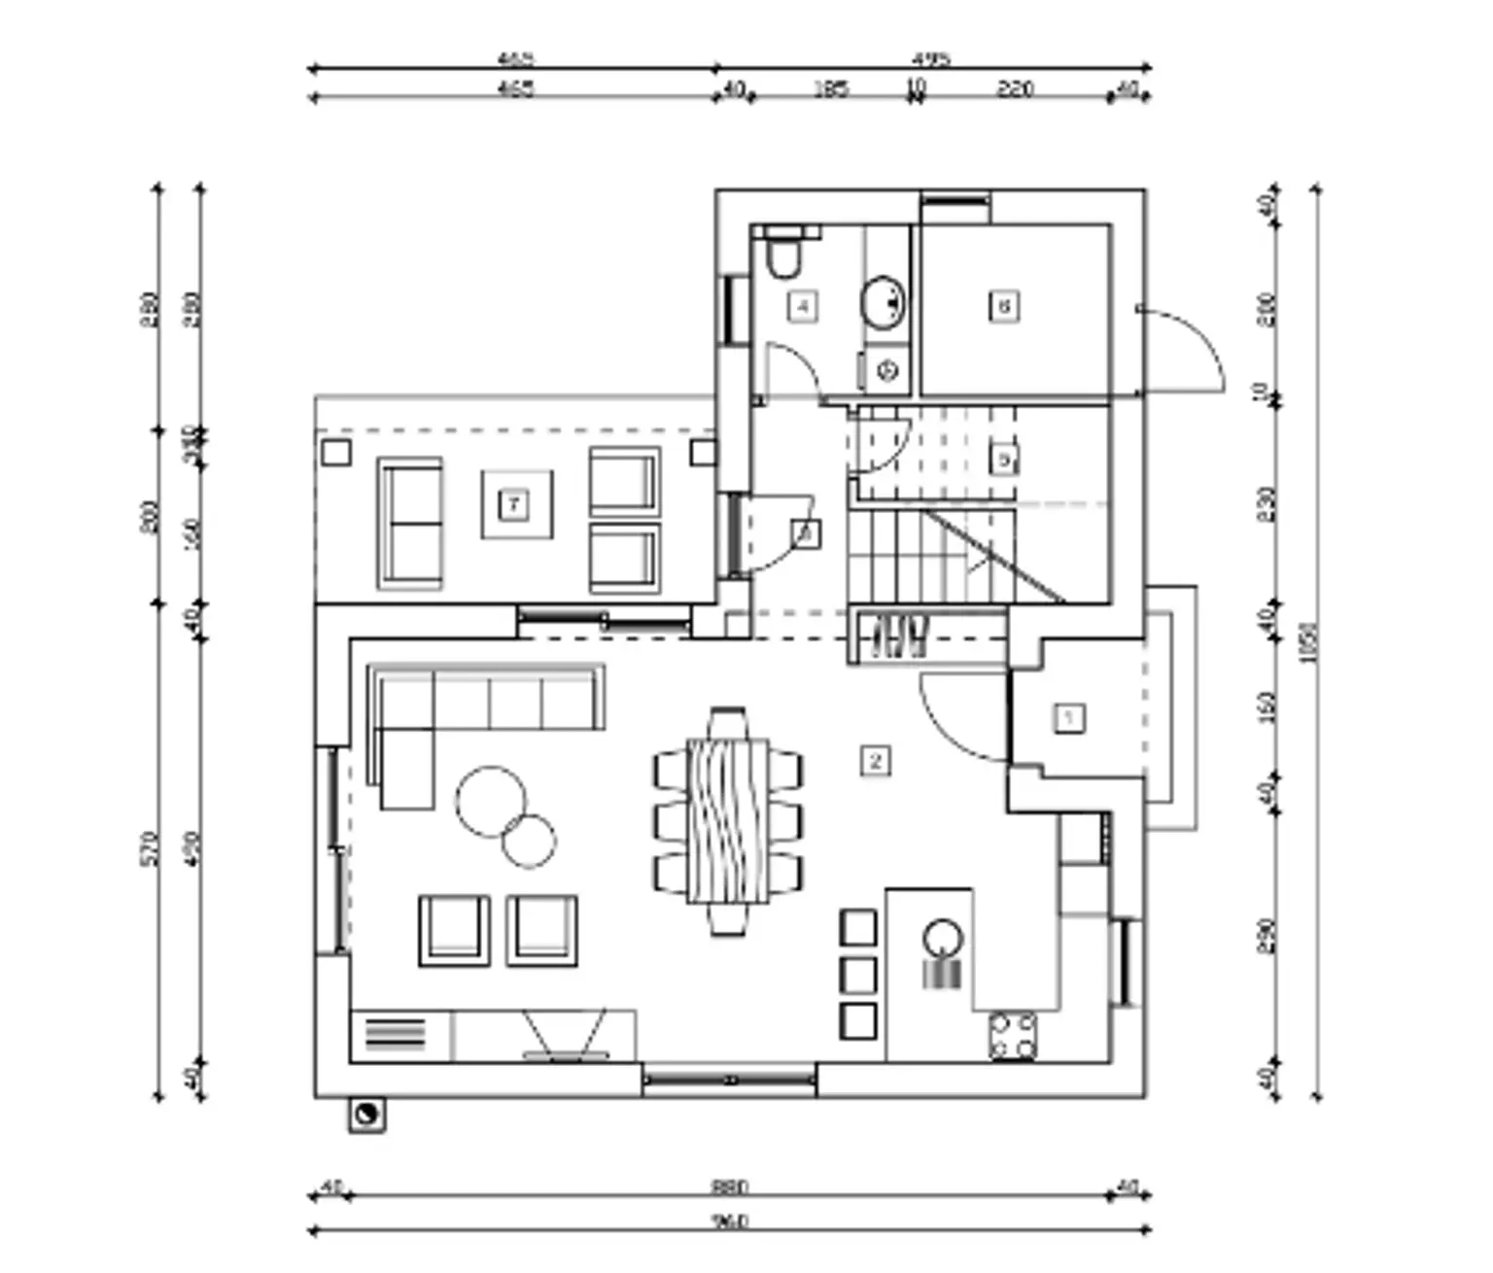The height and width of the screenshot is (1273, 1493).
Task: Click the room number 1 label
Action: point(1069,718)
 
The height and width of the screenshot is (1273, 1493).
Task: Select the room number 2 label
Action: point(875,760)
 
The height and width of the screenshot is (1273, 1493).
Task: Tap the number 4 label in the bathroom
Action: point(802,307)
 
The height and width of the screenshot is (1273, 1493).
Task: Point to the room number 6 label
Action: point(1004,306)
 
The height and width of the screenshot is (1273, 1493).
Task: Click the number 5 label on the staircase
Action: point(1004,459)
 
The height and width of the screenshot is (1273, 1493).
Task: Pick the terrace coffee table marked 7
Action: point(515,504)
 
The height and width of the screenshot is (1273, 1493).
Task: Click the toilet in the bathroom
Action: point(781,255)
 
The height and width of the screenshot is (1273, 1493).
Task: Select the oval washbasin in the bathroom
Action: point(883,302)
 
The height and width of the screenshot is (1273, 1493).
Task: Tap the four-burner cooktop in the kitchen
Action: point(1012,1035)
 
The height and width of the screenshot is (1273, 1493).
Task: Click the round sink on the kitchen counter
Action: point(942,939)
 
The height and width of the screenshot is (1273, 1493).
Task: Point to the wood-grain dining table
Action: point(728,821)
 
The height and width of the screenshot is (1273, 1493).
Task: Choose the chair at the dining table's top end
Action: point(728,723)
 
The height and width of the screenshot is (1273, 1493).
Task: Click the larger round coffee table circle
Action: point(492,801)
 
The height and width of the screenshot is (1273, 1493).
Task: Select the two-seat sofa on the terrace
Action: point(410,524)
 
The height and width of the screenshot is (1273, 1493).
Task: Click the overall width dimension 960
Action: point(729,1221)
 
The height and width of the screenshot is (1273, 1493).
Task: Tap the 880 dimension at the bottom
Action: point(729,1187)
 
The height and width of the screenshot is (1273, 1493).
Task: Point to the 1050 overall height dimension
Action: point(1308,641)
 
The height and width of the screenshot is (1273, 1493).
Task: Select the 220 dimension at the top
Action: point(1014,88)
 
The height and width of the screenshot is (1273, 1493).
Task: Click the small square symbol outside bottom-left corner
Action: point(366,1115)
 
